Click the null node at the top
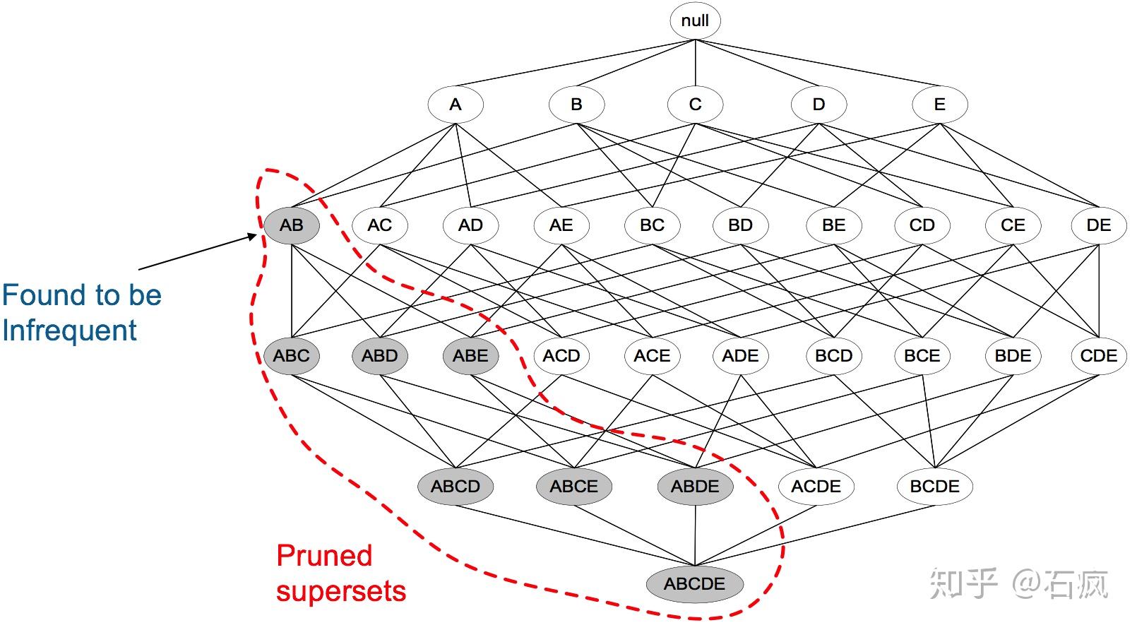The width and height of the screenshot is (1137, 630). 695,20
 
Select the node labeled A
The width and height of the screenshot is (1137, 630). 456,105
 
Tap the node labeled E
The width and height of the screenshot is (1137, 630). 939,105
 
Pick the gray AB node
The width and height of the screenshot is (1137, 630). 292,225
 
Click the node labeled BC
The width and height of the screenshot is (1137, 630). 653,225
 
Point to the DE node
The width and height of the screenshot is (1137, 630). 1099,225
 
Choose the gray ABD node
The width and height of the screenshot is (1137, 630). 380,356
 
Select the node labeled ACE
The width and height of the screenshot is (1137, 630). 653,356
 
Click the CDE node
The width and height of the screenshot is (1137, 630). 1099,356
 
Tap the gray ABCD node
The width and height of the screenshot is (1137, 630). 456,487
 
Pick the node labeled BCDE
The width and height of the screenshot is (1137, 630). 934,487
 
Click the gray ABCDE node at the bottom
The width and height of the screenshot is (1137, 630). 694,584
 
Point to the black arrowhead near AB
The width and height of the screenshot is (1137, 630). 252,236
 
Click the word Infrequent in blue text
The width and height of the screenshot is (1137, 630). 69,331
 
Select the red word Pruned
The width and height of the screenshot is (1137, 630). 324,555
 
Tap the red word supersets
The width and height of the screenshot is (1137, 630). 341,592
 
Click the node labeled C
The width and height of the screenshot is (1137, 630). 695,105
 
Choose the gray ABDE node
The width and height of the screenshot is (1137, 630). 695,487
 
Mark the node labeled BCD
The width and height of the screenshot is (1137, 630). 833,356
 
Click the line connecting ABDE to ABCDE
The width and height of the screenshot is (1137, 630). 695,535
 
